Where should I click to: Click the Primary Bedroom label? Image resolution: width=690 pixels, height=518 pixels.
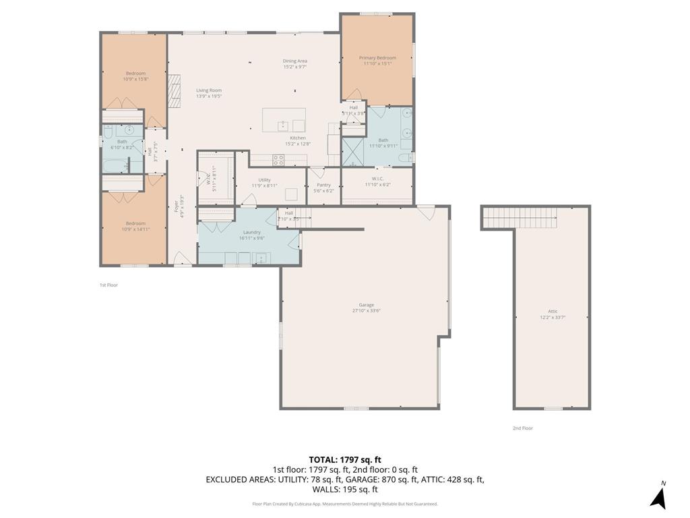tap(377, 58)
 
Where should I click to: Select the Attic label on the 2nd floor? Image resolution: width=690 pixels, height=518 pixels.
tap(552, 311)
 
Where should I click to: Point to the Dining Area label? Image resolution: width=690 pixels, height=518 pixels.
tap(294, 61)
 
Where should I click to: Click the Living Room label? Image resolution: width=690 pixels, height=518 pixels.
tap(209, 90)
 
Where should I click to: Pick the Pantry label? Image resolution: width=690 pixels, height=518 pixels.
tap(323, 185)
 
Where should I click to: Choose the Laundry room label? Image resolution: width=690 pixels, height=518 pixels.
tap(251, 232)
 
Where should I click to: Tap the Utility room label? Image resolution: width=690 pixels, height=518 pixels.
tap(264, 180)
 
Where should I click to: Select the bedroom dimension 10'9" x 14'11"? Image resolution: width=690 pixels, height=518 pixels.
tap(135, 229)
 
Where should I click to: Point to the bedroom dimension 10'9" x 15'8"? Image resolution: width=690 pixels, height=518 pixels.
tap(135, 80)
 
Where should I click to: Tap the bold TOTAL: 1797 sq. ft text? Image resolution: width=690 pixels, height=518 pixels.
tap(345, 459)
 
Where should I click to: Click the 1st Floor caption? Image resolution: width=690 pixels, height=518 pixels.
tap(108, 285)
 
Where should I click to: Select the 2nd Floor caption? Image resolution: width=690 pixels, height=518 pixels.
tap(523, 428)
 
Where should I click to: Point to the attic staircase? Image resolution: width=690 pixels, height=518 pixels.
tap(520, 218)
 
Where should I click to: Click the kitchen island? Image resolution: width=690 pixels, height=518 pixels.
tap(284, 120)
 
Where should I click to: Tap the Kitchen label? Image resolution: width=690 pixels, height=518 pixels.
tap(298, 138)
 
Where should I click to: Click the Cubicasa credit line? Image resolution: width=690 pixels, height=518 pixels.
tap(345, 504)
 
